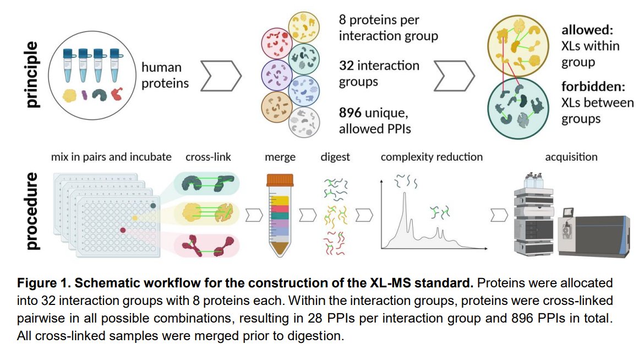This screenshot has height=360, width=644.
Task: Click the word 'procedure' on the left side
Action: pos(32,211)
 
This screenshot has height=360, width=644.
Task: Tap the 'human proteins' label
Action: pos(165,75)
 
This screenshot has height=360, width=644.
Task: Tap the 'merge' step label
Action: pos(280,157)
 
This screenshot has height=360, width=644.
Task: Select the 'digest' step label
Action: pos(335,157)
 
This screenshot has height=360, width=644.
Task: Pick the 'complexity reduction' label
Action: pos(432,157)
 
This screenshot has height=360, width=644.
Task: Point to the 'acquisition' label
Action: pos(571,157)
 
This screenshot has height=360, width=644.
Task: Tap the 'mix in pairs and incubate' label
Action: pos(111,157)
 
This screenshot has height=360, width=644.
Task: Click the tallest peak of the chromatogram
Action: pos(405,195)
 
